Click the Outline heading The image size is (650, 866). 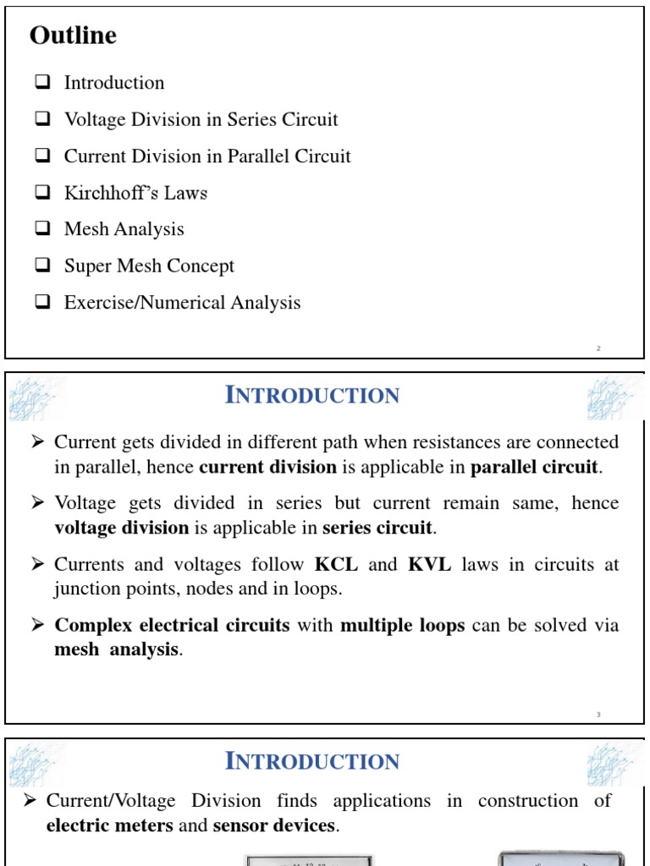coord(73,36)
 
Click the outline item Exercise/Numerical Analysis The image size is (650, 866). coord(182,303)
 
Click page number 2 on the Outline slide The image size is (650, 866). coord(598,348)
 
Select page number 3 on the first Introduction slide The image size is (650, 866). coord(598,715)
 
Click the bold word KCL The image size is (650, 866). coord(336,564)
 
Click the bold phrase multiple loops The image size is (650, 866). coord(402,626)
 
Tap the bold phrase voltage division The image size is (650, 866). coord(121,528)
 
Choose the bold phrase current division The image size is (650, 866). coord(267,467)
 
